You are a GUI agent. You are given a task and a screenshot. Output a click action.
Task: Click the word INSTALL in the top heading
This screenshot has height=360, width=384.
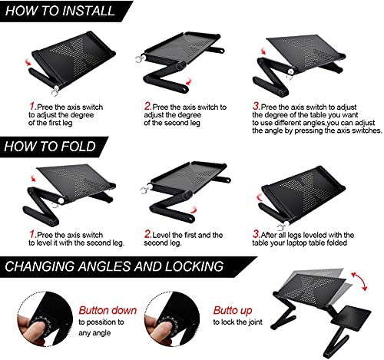click(x=88, y=11)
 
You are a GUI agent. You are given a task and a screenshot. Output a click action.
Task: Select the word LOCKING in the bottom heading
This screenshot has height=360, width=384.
click(x=194, y=266)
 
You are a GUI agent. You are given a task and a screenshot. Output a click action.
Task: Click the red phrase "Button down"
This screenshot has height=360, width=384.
click(x=108, y=310)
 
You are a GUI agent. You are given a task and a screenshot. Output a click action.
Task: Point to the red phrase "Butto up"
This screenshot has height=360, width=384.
click(x=233, y=311)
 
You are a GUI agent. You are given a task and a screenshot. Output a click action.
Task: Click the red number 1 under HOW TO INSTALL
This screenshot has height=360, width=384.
click(x=33, y=106)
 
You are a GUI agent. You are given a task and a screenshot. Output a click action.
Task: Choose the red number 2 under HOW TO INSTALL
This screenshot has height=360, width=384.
click(x=147, y=106)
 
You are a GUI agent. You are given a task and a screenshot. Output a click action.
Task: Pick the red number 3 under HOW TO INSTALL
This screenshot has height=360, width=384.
click(x=256, y=106)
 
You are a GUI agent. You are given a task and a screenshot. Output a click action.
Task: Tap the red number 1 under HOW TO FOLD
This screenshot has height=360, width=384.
click(x=33, y=234)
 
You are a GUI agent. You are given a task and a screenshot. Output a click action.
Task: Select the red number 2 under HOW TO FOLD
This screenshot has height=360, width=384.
click(x=147, y=234)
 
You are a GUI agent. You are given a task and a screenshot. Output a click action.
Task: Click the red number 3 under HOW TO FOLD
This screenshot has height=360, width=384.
click(x=256, y=234)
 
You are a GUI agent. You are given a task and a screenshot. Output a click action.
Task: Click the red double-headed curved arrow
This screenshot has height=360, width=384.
click(x=359, y=280)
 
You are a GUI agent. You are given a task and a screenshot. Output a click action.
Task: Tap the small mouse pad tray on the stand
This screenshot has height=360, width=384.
click(x=351, y=315)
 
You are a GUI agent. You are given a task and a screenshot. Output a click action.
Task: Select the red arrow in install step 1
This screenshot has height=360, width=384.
click(x=28, y=62)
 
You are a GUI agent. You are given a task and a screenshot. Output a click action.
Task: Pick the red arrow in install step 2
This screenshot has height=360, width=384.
click(x=188, y=81)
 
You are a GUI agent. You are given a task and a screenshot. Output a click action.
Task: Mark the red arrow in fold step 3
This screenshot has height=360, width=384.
click(x=259, y=197)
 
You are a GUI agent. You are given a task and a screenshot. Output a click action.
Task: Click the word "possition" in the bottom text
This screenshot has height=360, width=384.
click(x=101, y=322)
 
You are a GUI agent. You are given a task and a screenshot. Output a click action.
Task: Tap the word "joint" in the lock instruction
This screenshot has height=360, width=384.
click(x=255, y=322)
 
